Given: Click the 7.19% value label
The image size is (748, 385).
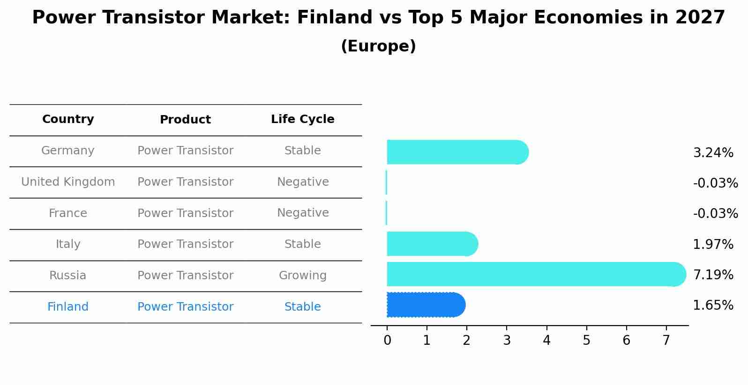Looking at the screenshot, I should click(x=713, y=275).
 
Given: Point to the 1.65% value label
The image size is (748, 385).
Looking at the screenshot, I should click(x=713, y=305).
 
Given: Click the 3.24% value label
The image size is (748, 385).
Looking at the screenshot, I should click(x=713, y=153).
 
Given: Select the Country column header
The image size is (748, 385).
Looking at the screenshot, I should click(x=68, y=119).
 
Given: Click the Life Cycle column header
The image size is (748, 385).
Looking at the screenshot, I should click(x=302, y=119).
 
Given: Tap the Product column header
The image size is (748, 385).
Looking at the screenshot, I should click(x=185, y=120).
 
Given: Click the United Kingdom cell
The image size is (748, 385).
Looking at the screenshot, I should click(x=68, y=182).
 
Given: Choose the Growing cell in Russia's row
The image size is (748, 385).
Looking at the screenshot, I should click(x=302, y=276).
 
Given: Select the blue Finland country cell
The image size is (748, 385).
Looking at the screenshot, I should click(x=68, y=307).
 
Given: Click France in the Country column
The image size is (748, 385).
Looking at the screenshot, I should click(x=68, y=213).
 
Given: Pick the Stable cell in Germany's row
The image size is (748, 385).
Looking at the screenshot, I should click(x=302, y=151).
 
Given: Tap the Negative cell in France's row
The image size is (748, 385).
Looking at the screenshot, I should click(x=302, y=213).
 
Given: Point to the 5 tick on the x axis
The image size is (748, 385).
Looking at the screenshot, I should click(x=586, y=341).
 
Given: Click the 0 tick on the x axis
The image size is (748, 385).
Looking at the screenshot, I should click(x=387, y=341).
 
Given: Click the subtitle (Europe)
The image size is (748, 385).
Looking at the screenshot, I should click(x=378, y=46).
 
